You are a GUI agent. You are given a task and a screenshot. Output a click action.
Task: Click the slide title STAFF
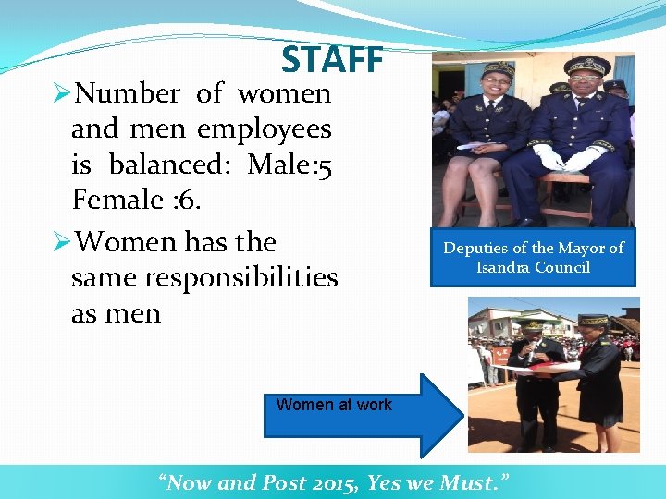tap(332, 59)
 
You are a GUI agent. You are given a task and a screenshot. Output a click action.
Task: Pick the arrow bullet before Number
tap(61, 93)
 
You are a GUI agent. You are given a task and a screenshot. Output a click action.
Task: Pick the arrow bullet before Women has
tap(61, 242)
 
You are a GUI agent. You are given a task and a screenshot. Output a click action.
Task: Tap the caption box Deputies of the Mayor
tap(533, 257)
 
